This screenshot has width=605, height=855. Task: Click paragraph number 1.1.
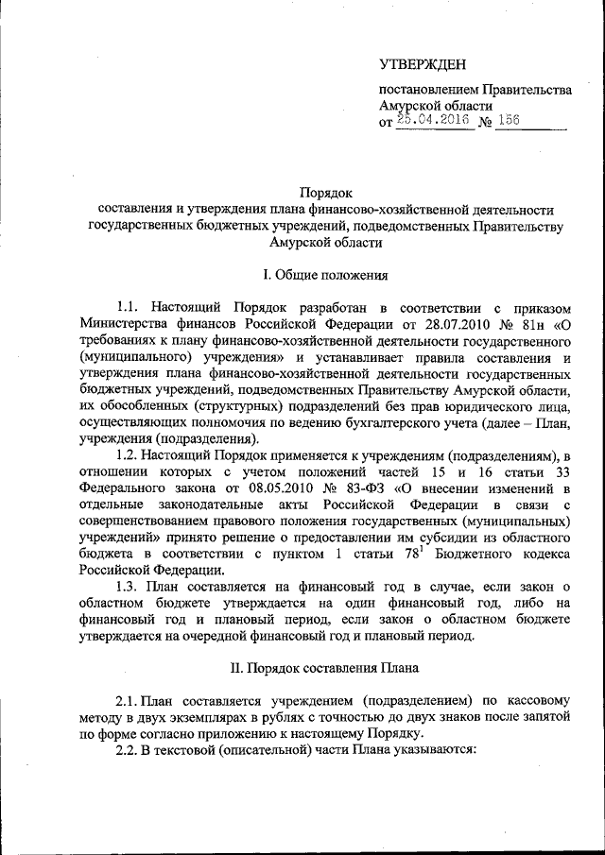click(x=128, y=308)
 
